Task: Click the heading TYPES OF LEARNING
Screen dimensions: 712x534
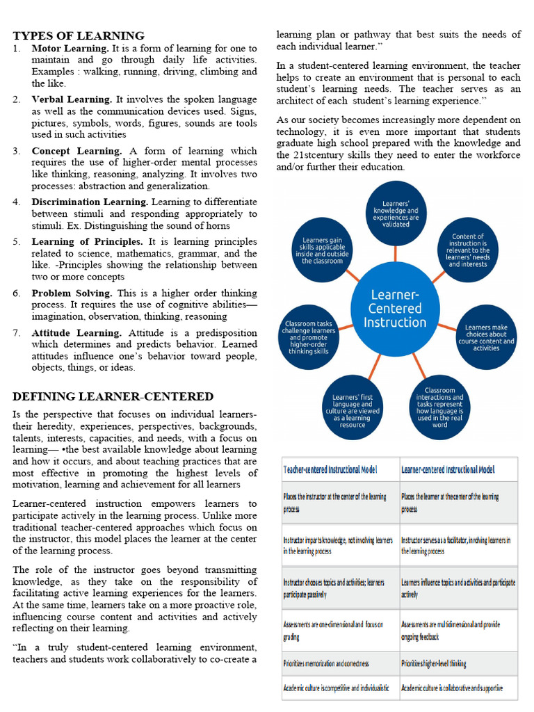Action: tap(79, 35)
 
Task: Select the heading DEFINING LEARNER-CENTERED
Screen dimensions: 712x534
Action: tap(113, 396)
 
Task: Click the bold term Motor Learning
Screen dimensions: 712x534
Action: tap(70, 49)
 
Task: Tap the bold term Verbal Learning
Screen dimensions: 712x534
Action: tap(72, 99)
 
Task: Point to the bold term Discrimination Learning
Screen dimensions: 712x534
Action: tap(90, 202)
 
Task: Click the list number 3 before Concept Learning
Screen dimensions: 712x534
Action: tap(17, 151)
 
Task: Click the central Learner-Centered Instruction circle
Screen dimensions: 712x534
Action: tap(395, 308)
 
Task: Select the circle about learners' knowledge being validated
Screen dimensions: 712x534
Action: tap(396, 213)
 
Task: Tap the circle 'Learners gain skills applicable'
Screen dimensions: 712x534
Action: tap(321, 250)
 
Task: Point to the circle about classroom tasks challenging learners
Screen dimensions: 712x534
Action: tap(309, 337)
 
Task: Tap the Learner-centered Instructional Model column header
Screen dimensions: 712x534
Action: tap(448, 469)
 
